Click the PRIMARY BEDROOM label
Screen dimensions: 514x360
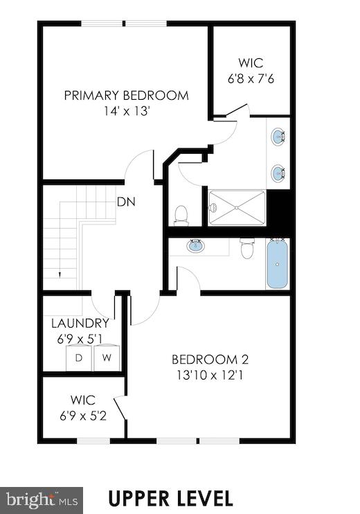126,96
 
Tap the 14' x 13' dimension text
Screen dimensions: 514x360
126,109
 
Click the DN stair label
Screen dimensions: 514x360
125,203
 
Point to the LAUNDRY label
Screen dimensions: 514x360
80,323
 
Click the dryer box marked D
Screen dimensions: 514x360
79,358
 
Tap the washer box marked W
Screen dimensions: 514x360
106,358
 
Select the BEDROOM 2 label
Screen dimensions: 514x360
210,360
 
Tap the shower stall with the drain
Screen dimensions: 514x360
237,207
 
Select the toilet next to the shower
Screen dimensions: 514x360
181,215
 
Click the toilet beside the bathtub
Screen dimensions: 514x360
247,248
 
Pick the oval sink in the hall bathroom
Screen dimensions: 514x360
195,246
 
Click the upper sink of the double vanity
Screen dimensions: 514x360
278,137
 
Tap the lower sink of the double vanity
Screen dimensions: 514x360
278,173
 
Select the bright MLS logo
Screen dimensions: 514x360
42,499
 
